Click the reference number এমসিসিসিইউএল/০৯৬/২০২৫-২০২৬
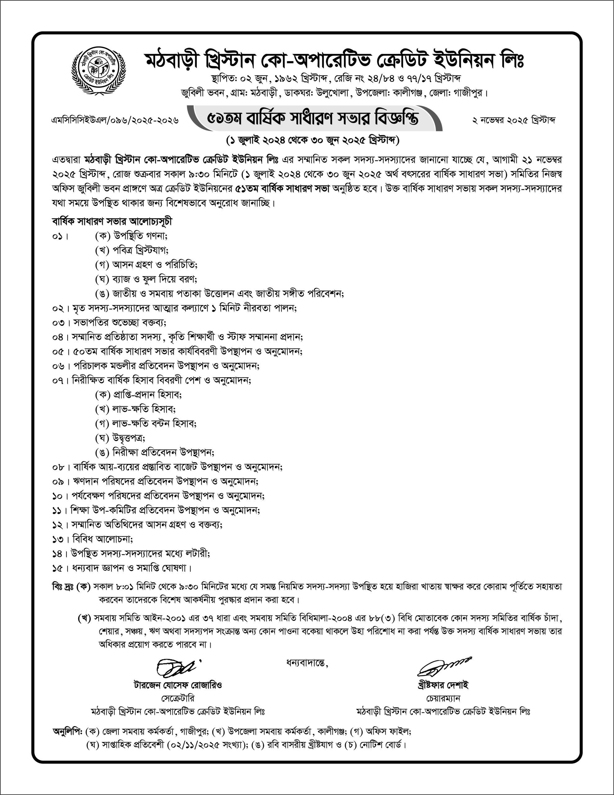(x=115, y=120)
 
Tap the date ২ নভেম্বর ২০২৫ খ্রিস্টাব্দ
(x=513, y=120)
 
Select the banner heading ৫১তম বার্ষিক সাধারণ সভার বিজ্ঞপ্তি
(x=313, y=118)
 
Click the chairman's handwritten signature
(x=443, y=666)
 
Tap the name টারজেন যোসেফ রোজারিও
(x=178, y=685)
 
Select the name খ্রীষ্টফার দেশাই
(x=443, y=685)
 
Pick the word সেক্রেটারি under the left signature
(x=178, y=698)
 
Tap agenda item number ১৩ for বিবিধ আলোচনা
(x=57, y=539)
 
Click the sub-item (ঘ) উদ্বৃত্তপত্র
(x=120, y=438)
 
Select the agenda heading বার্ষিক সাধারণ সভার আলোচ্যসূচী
(x=112, y=221)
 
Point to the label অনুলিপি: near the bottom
(x=68, y=731)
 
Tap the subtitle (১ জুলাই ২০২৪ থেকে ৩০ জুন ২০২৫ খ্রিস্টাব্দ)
(x=312, y=140)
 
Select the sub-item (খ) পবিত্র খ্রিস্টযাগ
(x=132, y=250)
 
